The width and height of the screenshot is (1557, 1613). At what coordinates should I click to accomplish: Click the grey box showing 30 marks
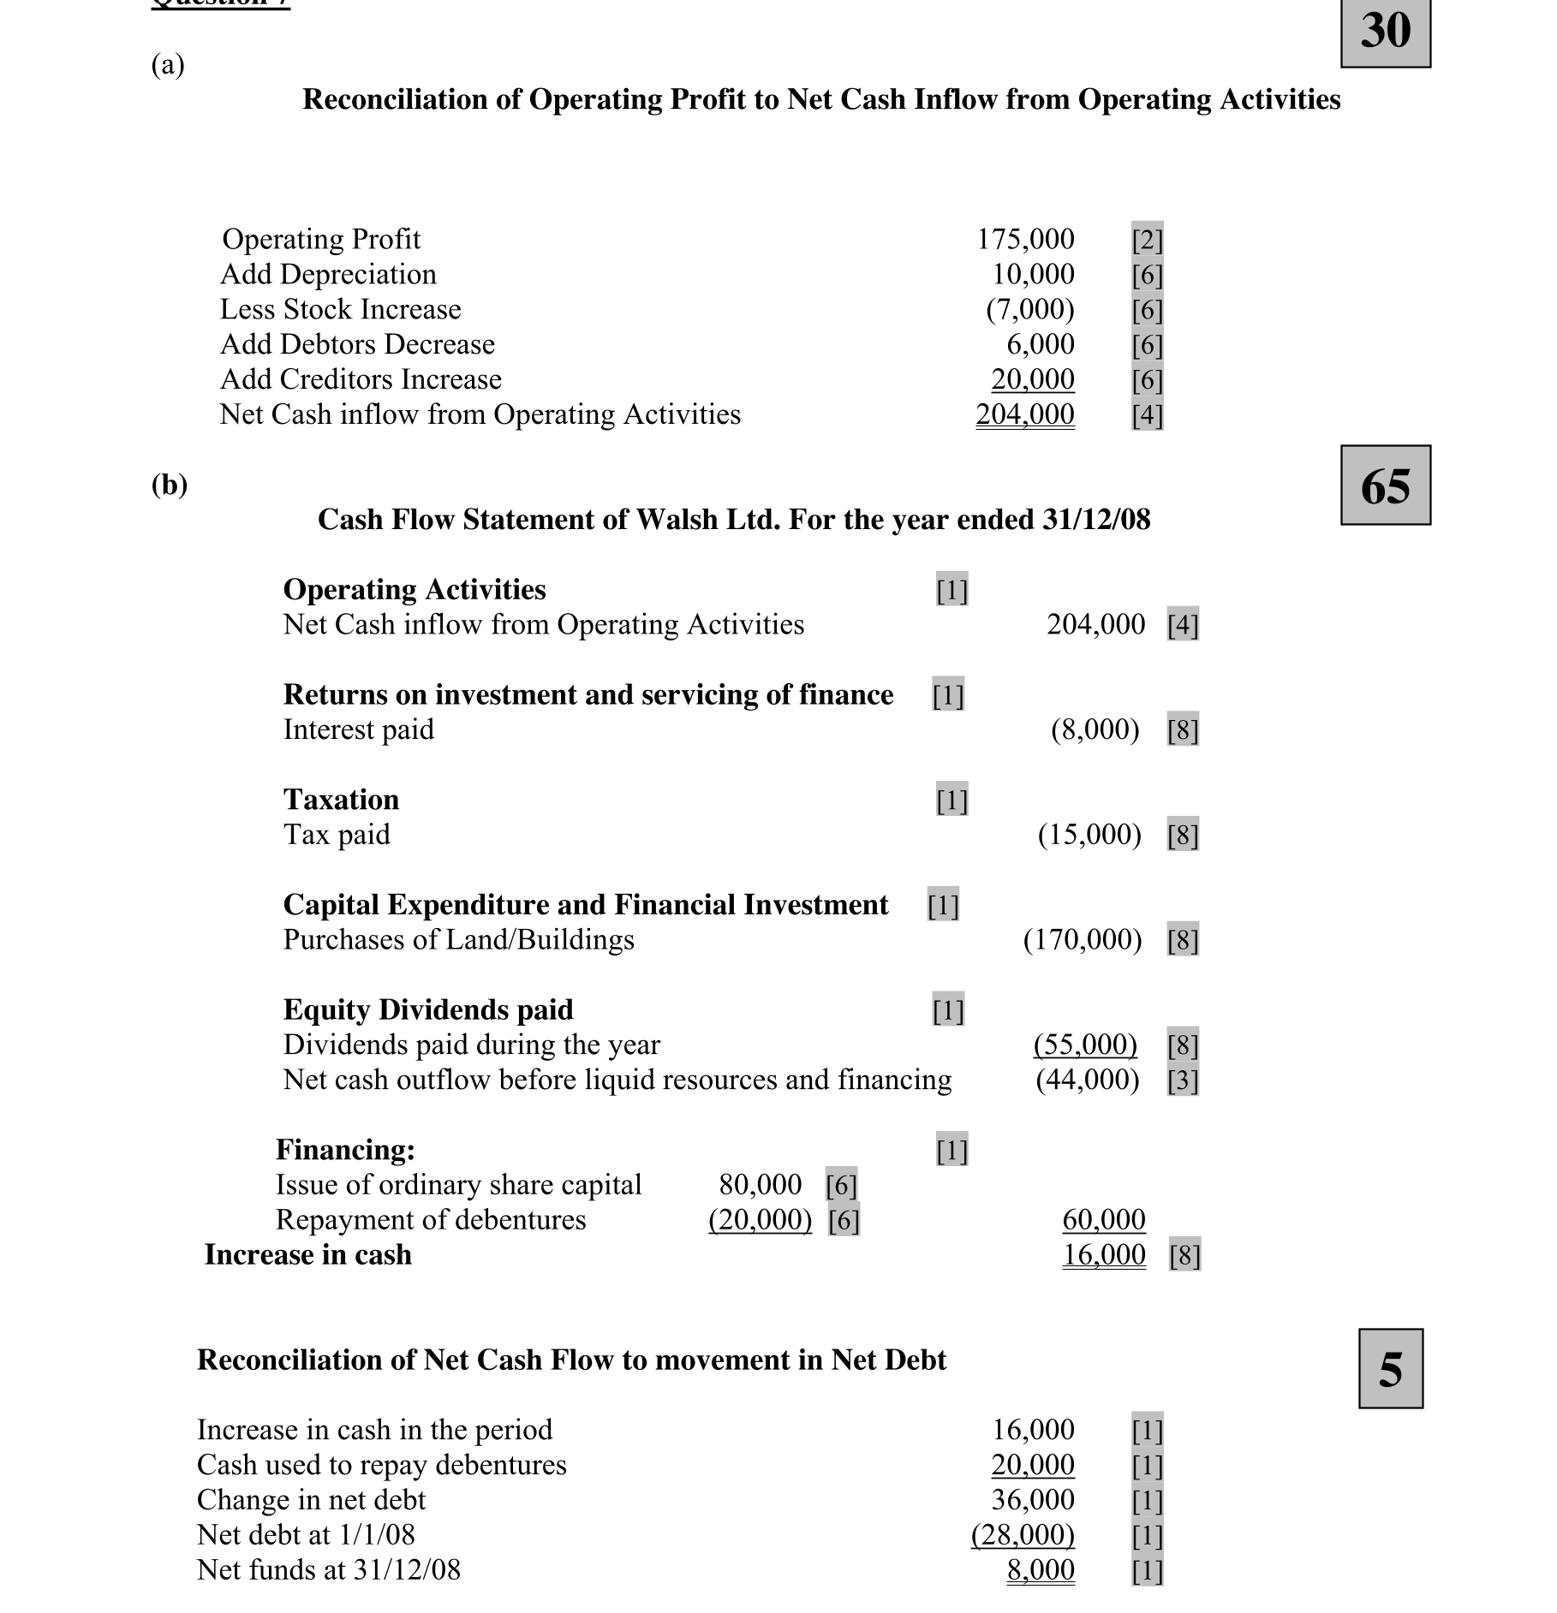[x=1385, y=32]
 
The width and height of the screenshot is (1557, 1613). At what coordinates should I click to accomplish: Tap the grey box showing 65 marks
[x=1385, y=485]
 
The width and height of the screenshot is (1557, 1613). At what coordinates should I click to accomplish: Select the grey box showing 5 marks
[x=1390, y=1369]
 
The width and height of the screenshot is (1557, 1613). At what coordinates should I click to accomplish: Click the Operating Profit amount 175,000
[x=1025, y=239]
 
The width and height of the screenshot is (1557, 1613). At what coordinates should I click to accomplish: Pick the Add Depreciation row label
[x=328, y=274]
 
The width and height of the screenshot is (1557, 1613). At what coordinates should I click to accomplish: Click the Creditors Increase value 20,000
[x=1032, y=379]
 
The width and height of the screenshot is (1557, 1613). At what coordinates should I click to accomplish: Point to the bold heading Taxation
[x=341, y=800]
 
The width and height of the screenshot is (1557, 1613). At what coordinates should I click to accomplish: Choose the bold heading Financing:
[x=345, y=1150]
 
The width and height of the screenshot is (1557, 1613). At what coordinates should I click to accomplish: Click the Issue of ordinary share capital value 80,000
[x=760, y=1185]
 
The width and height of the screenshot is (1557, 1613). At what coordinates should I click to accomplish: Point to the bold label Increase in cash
[x=307, y=1255]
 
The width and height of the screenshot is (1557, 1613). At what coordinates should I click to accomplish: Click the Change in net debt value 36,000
[x=1032, y=1500]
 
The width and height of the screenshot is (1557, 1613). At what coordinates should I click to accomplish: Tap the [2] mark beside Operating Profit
[x=1147, y=240]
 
